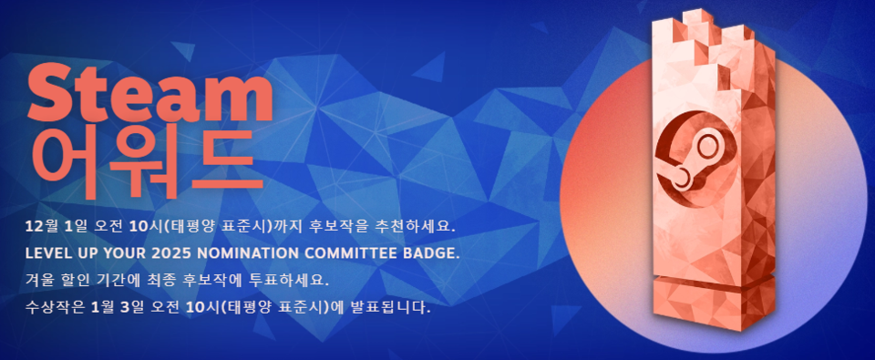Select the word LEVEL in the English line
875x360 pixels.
[49, 252]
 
